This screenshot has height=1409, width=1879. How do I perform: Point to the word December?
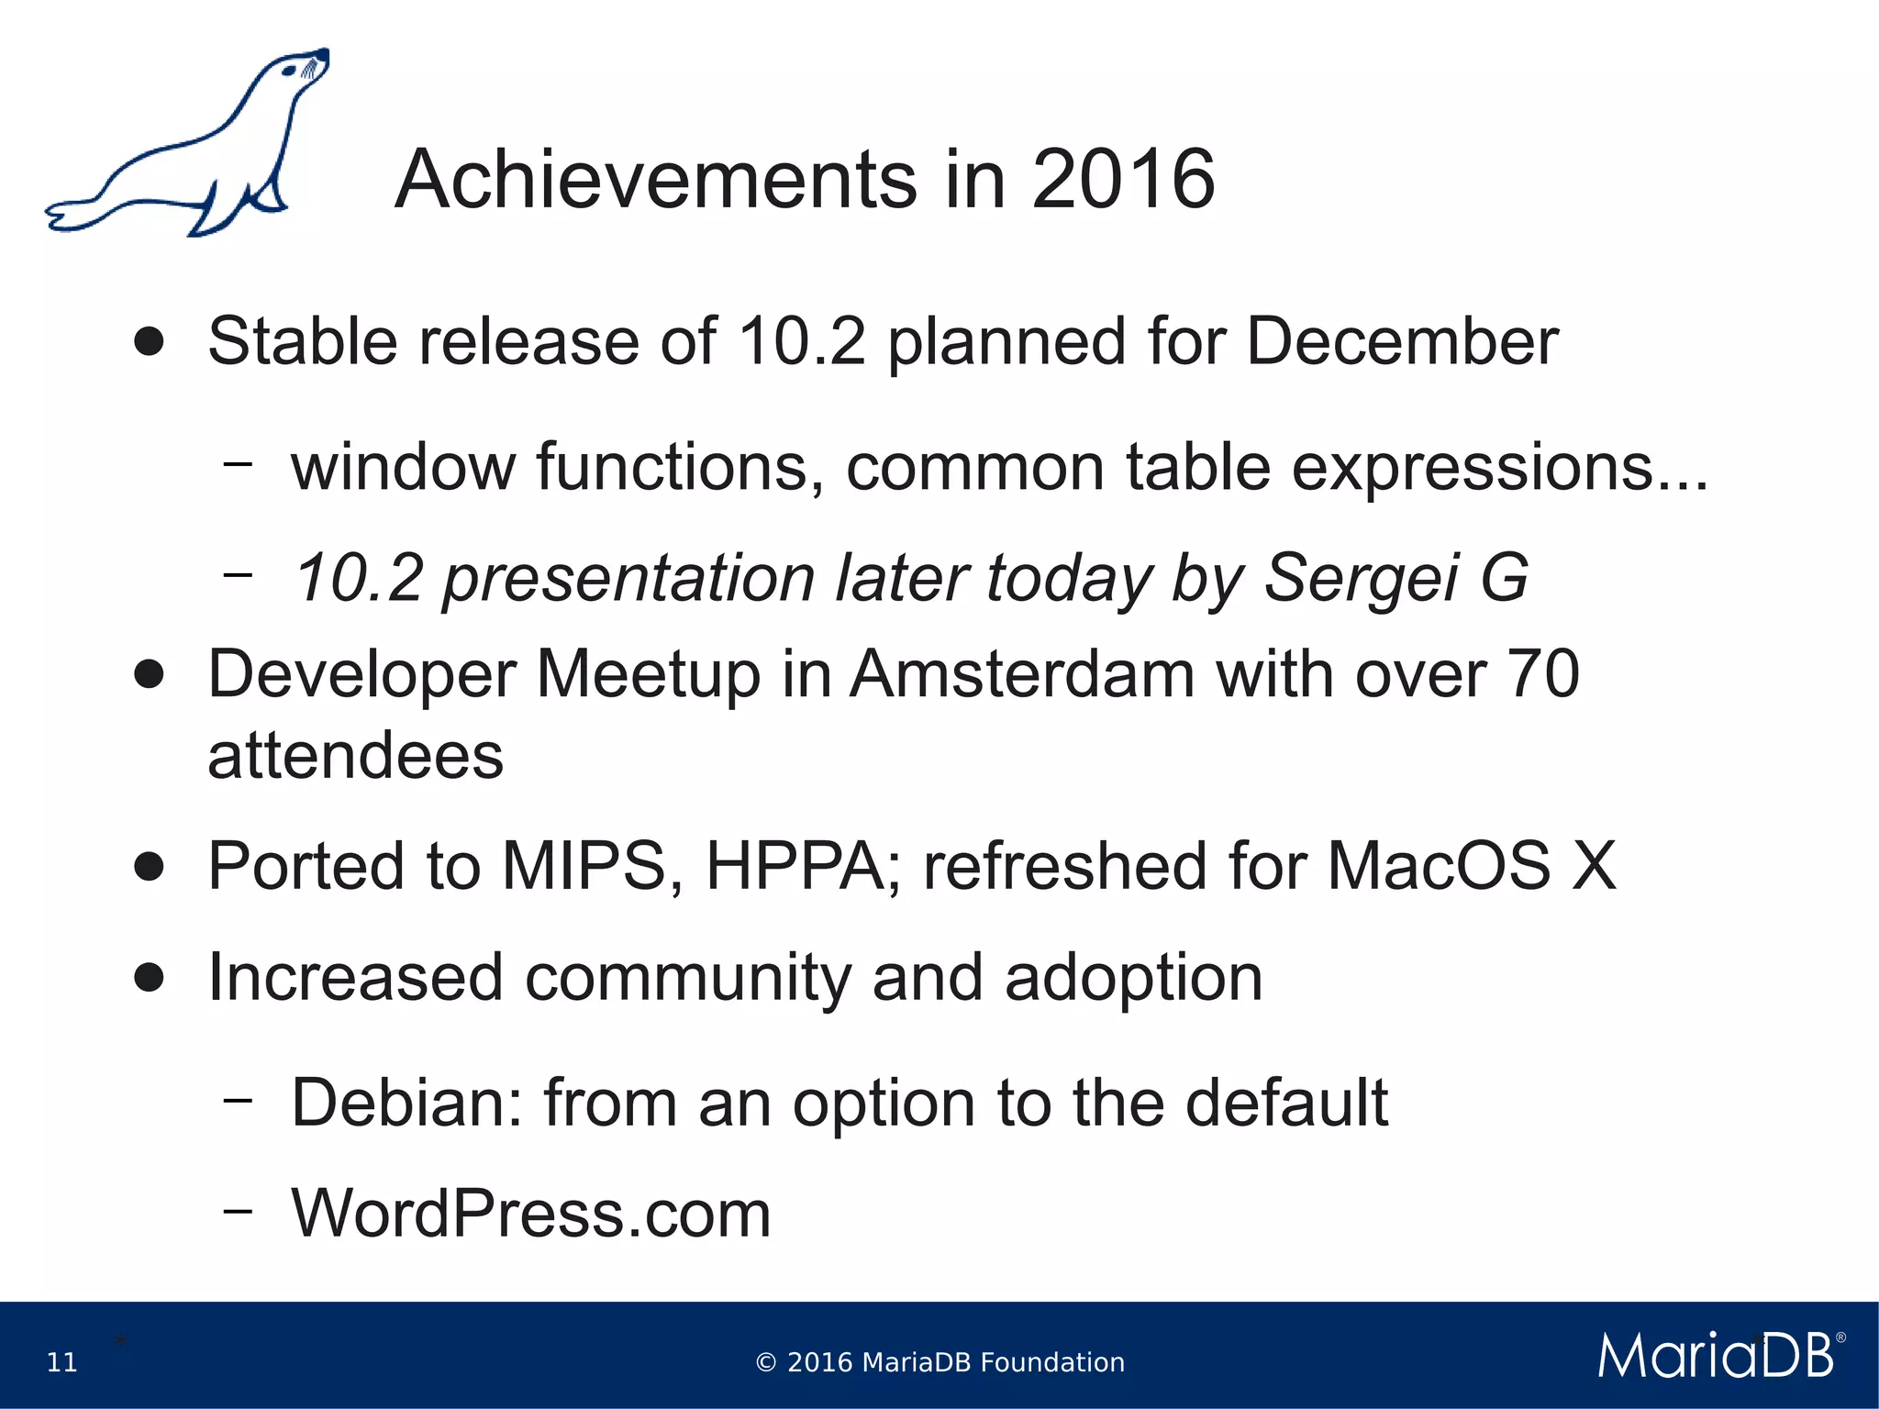click(1402, 341)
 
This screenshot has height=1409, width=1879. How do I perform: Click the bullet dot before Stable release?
click(149, 342)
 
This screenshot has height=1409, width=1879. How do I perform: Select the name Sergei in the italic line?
click(1362, 578)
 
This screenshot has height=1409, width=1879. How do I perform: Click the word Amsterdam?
click(1022, 674)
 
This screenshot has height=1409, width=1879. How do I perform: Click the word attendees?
click(356, 756)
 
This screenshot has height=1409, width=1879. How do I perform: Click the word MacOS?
click(1439, 866)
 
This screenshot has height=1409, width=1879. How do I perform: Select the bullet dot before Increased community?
click(149, 978)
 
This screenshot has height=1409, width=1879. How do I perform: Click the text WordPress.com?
click(531, 1214)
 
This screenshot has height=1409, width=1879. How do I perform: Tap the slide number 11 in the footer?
click(62, 1362)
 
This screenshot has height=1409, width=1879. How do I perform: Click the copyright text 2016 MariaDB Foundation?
click(939, 1362)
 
